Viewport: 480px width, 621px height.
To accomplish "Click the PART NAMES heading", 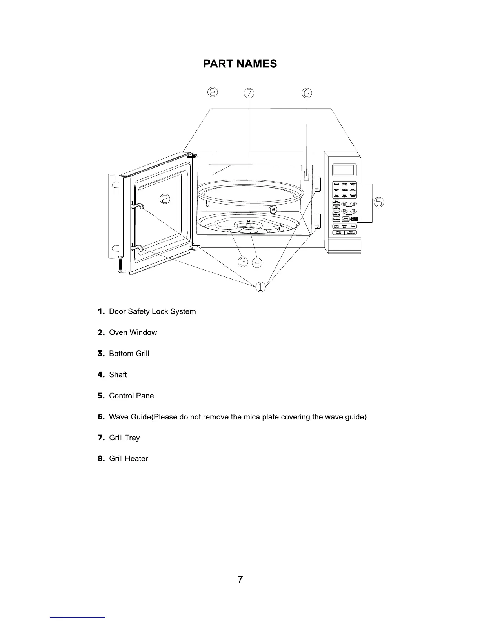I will click(x=240, y=64).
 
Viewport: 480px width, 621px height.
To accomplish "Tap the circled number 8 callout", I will click(x=212, y=92).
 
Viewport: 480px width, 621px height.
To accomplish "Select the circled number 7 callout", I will click(x=249, y=93).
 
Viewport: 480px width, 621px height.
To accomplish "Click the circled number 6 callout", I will click(x=307, y=93).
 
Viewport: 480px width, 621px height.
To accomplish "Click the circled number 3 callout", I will click(x=243, y=262).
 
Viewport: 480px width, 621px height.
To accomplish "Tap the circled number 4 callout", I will click(x=257, y=262).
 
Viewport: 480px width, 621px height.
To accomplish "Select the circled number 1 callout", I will click(x=260, y=287).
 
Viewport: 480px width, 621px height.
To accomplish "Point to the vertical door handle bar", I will click(x=111, y=216).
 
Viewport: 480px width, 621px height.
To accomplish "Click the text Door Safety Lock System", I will click(x=152, y=311).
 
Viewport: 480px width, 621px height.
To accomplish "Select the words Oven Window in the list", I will click(x=133, y=332).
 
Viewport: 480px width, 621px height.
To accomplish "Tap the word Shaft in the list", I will click(x=118, y=375).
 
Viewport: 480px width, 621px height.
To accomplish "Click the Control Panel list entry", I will click(x=132, y=396).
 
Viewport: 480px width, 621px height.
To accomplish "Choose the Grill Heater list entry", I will click(x=128, y=459).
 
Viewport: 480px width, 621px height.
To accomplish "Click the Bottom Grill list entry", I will click(x=129, y=354).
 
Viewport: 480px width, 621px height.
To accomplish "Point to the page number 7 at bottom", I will click(x=240, y=579).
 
